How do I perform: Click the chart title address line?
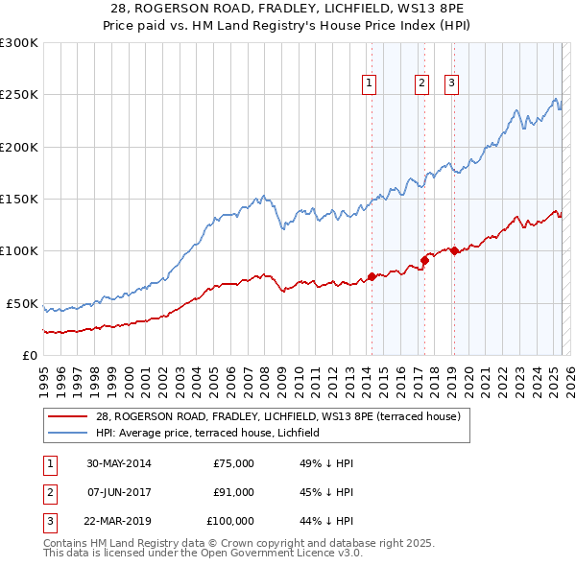point(287,9)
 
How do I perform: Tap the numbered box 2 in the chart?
point(421,84)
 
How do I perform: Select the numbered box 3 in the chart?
point(452,84)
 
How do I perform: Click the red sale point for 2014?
point(372,277)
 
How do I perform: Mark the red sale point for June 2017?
point(423,260)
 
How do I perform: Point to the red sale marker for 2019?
point(453,251)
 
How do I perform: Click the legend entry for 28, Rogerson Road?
point(278,416)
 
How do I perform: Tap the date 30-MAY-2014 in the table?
point(118,463)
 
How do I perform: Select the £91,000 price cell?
point(233,492)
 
